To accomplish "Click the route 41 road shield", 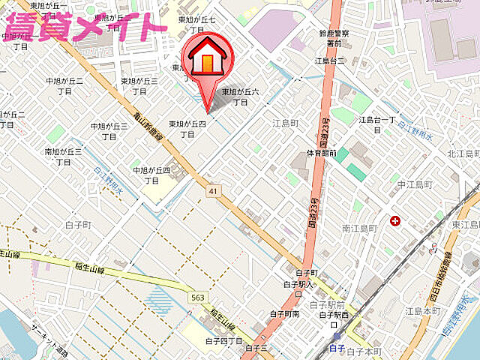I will pyautogui.click(x=214, y=192).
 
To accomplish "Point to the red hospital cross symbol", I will pyautogui.click(x=394, y=221).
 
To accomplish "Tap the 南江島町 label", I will pyautogui.click(x=359, y=227).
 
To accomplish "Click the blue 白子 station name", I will pyautogui.click(x=337, y=349).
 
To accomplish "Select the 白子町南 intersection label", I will pyautogui.click(x=286, y=314).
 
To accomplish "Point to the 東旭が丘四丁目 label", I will pyautogui.click(x=187, y=128).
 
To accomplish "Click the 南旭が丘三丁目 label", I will pyautogui.click(x=63, y=156).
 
